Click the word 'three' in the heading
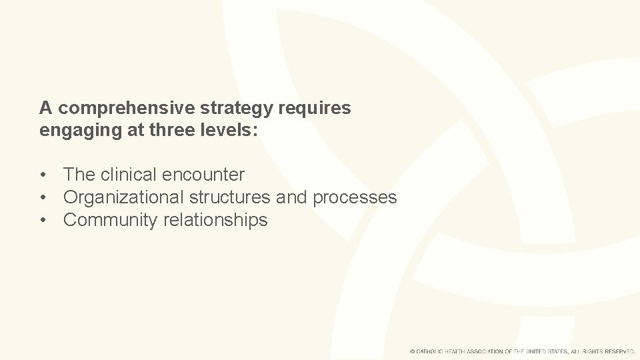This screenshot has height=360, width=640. (172, 130)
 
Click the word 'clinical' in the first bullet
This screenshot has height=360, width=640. (131, 175)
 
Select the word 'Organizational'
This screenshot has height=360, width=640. (123, 197)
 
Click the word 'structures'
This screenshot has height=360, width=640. (229, 197)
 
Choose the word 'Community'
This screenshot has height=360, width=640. (111, 220)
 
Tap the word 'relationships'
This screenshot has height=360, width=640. (215, 220)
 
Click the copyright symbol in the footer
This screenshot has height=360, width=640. (413, 351)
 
